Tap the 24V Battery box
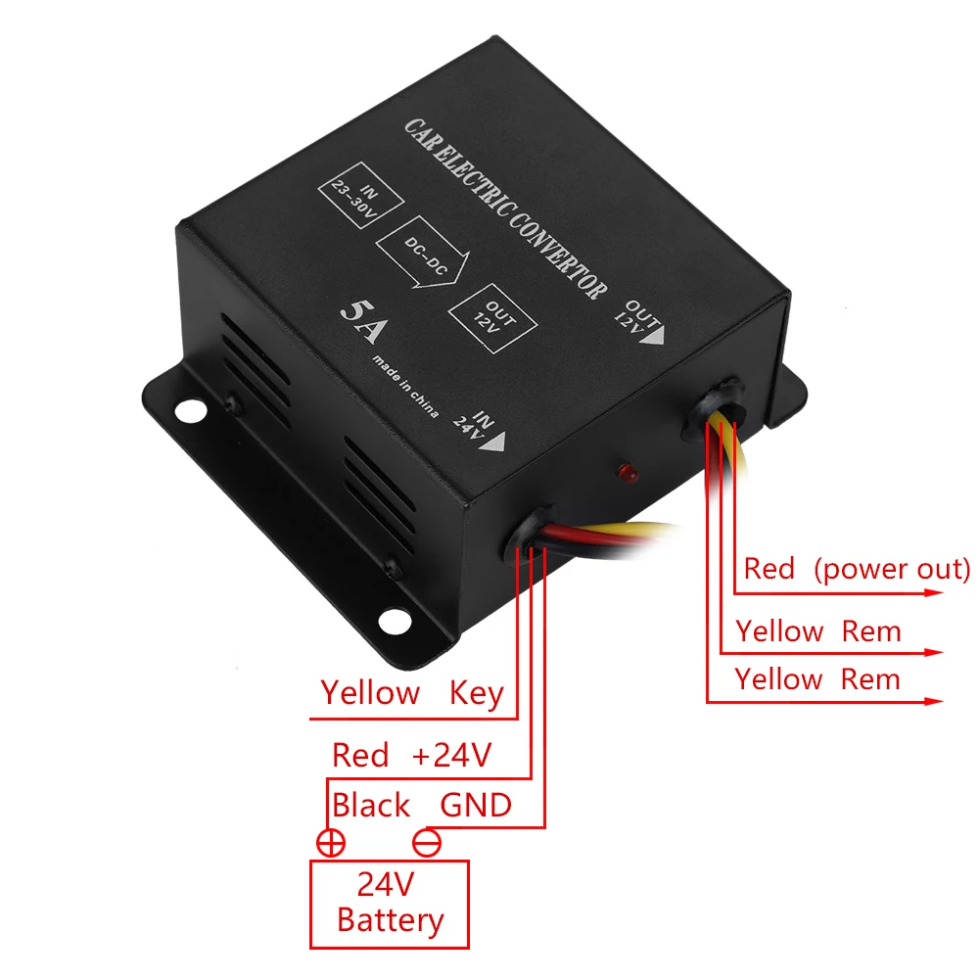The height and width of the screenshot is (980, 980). click(390, 904)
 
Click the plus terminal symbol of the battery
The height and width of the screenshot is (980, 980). click(330, 842)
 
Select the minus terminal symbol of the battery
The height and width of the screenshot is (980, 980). click(427, 842)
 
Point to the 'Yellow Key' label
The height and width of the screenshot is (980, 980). click(411, 693)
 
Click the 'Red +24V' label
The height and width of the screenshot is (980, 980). click(411, 755)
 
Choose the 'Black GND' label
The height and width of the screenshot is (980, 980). click(421, 806)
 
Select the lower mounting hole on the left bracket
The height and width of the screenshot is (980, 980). click(395, 619)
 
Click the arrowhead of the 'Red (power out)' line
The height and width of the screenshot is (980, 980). click(935, 591)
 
